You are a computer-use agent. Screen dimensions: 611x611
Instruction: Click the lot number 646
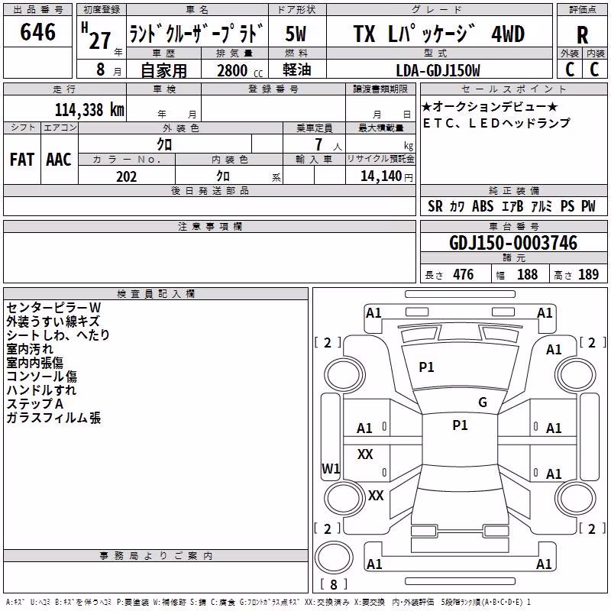(x=37, y=31)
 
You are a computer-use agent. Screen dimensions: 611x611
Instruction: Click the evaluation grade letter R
(x=582, y=35)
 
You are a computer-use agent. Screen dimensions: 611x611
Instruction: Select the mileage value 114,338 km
(x=89, y=110)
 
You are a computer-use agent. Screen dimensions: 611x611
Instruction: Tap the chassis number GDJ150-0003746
(x=513, y=243)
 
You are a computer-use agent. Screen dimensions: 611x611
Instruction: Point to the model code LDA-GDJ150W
(x=438, y=70)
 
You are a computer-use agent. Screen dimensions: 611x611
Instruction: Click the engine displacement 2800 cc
(x=240, y=70)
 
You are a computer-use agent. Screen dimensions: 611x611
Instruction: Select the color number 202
(x=126, y=176)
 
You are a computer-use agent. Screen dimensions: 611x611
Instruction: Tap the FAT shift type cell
(x=22, y=160)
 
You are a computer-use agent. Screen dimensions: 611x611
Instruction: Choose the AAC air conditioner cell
(x=59, y=160)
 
